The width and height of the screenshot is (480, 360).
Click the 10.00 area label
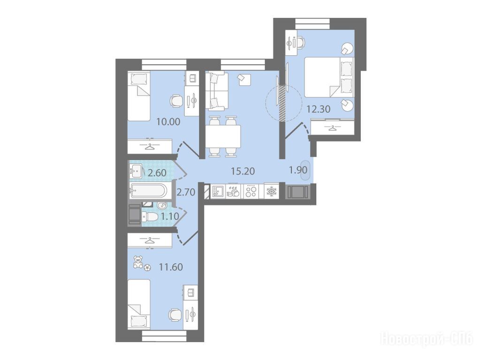[x=168, y=122]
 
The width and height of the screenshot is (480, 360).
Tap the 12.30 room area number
[x=319, y=109]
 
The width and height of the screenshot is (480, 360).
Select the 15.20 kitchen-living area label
[x=243, y=171]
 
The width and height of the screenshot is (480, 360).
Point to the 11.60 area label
[x=171, y=267]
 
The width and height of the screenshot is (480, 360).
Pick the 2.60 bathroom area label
[x=157, y=173]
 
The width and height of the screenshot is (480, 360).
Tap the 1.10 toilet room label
[x=170, y=217]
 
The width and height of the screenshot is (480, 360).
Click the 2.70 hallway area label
[x=186, y=192]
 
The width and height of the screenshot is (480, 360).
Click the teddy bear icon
[x=138, y=262]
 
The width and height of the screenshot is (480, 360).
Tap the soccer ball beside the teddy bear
[x=147, y=268]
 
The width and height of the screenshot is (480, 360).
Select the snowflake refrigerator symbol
[x=272, y=191]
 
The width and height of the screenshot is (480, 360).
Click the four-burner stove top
[x=251, y=191]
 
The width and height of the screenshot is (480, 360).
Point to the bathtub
[x=147, y=191]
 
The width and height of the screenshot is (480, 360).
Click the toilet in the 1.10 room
[x=151, y=217]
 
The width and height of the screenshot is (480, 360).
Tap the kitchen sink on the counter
[x=218, y=191]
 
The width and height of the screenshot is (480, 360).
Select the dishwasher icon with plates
[x=234, y=191]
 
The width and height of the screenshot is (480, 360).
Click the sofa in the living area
[x=217, y=91]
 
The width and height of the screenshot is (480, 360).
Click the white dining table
[x=223, y=137]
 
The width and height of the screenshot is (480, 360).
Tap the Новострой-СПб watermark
[x=427, y=339]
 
